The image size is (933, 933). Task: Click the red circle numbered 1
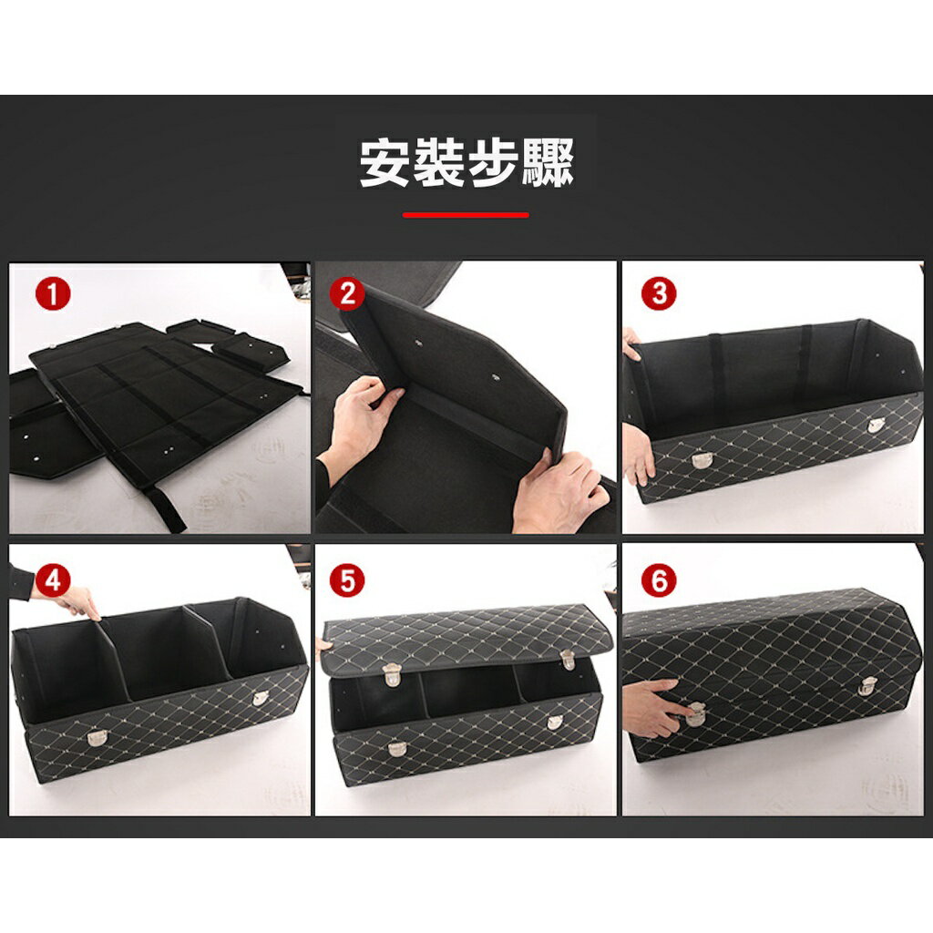(x=53, y=294)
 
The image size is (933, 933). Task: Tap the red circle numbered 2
(x=346, y=294)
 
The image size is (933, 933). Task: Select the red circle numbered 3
(x=659, y=294)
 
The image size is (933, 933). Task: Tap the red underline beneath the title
(x=466, y=215)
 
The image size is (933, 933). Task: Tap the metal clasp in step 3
(x=701, y=460)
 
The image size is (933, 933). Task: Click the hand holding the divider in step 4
(x=77, y=600)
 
